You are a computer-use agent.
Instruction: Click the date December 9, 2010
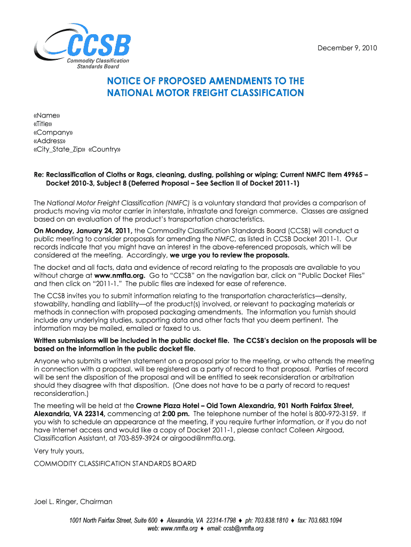click(347, 48)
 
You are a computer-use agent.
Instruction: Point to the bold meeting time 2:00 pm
click(177, 413)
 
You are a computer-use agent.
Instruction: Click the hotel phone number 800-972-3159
click(337, 413)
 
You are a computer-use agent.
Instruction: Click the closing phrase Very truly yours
click(59, 451)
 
